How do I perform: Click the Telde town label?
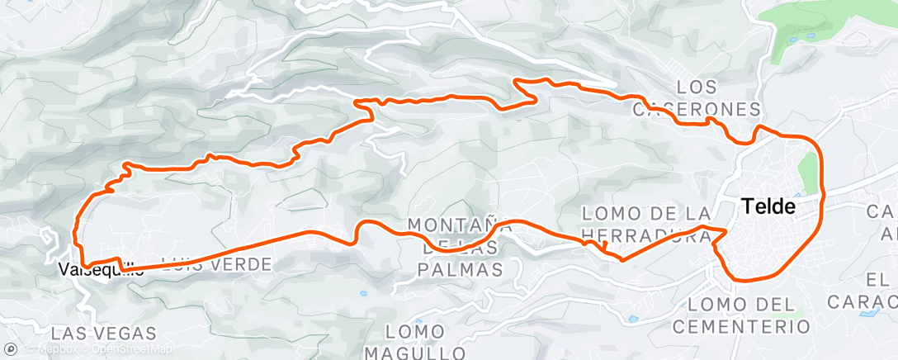[768, 206]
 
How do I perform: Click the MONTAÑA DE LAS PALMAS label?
[456, 246]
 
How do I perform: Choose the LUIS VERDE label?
[218, 264]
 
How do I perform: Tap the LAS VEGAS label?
[103, 334]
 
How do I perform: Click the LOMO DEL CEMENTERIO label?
[740, 315]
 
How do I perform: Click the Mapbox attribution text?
[54, 349]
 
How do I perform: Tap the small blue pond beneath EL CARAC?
[868, 315]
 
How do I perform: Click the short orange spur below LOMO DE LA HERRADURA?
[604, 246]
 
